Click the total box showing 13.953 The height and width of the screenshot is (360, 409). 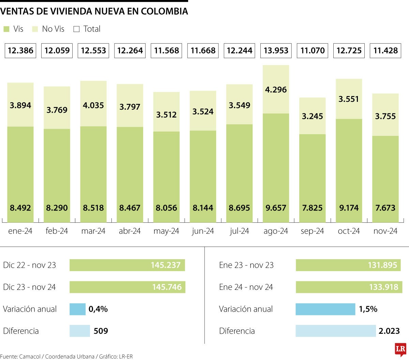[276, 51]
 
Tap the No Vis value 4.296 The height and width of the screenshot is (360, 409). [276, 90]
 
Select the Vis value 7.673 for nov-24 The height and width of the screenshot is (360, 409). [385, 208]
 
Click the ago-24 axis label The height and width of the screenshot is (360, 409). [276, 231]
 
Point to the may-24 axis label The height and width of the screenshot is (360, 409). [166, 231]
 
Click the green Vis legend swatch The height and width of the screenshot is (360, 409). [6, 29]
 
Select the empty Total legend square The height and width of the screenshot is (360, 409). [76, 29]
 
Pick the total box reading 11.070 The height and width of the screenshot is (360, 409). [312, 51]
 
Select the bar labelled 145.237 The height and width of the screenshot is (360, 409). [127, 265]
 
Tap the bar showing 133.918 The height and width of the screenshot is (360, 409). [349, 287]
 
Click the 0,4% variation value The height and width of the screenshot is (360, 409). [98, 309]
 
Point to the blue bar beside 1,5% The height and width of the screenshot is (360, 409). [325, 309]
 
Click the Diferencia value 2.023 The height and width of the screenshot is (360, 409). [389, 331]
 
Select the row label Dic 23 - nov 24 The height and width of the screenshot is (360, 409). [29, 287]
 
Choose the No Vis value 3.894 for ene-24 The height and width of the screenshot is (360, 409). [20, 105]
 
